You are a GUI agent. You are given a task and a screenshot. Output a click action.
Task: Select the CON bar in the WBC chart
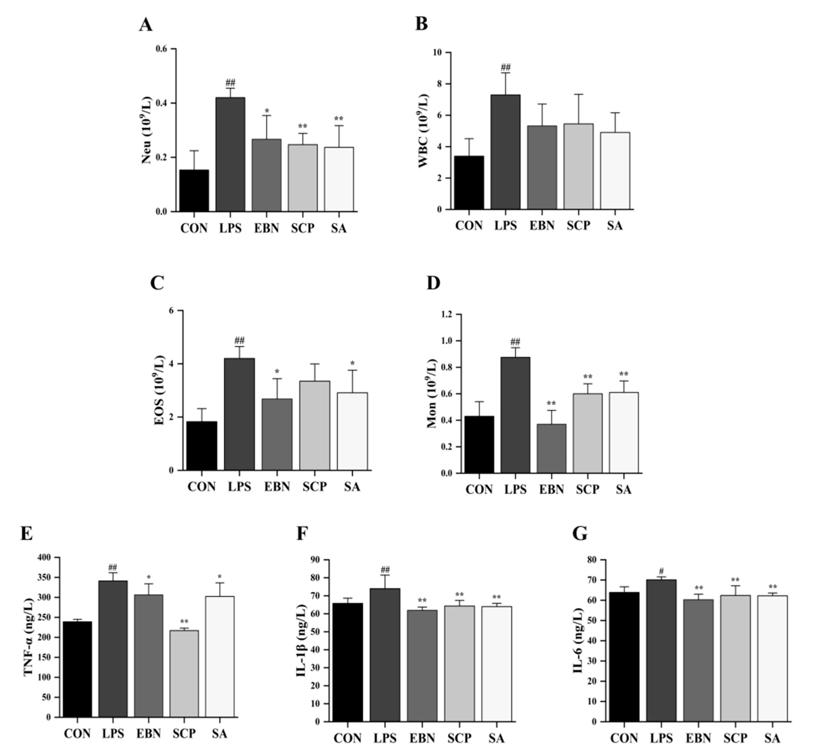(469, 183)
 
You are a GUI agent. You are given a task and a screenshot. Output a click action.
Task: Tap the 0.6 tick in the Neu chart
(162, 49)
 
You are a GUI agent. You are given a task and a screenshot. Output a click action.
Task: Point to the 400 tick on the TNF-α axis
(44, 557)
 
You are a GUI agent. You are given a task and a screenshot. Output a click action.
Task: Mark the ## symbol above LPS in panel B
(505, 67)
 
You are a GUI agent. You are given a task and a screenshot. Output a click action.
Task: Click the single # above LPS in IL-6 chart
(661, 571)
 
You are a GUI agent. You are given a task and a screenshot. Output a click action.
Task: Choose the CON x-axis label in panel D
(479, 489)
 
